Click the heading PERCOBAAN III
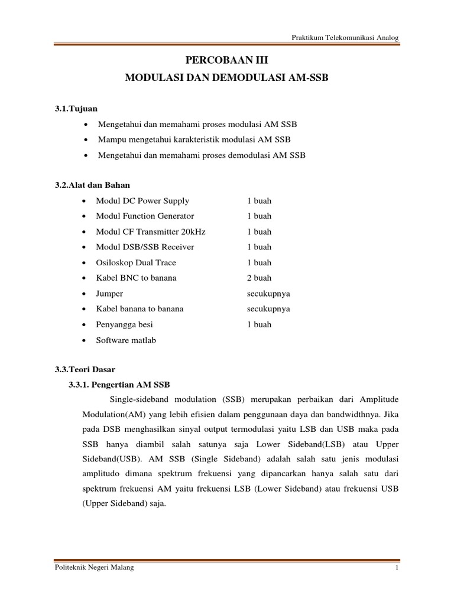pyautogui.click(x=227, y=60)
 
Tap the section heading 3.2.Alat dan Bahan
pyautogui.click(x=93, y=186)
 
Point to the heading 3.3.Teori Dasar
pyautogui.click(x=85, y=369)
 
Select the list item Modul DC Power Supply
pyautogui.click(x=142, y=201)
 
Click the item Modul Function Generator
pyautogui.click(x=145, y=216)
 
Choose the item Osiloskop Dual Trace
pyautogui.click(x=136, y=262)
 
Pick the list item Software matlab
pyautogui.click(x=126, y=340)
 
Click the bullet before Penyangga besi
pyautogui.click(x=87, y=325)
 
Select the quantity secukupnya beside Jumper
pyautogui.click(x=268, y=294)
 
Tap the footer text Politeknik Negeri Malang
pyautogui.click(x=94, y=568)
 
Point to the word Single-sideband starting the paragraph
pyautogui.click(x=149, y=399)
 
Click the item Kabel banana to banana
pyautogui.click(x=140, y=309)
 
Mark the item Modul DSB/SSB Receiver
pyautogui.click(x=145, y=247)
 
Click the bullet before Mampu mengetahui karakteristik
pyautogui.click(x=87, y=139)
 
